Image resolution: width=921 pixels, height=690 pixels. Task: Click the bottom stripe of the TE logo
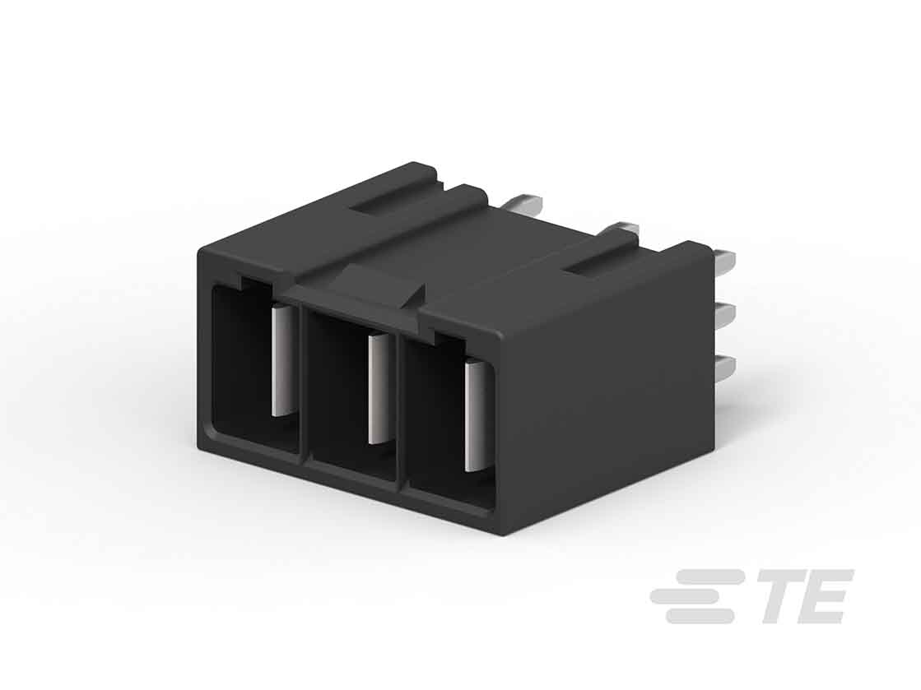(699, 616)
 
